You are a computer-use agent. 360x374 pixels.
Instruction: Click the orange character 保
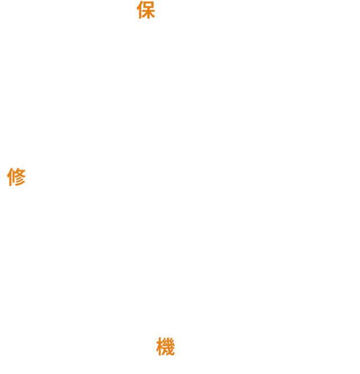click(146, 11)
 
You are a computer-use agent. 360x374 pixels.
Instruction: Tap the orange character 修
click(16, 177)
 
